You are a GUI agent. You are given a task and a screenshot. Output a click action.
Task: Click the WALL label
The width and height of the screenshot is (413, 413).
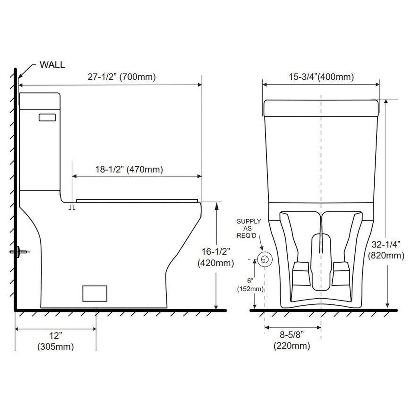52,65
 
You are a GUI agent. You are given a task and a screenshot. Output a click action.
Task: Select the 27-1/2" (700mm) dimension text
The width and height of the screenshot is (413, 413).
122,77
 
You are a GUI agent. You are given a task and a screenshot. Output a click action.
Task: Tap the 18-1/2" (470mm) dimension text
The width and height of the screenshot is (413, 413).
129,169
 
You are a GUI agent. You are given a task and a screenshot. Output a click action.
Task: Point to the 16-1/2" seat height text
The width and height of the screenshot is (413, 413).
216,252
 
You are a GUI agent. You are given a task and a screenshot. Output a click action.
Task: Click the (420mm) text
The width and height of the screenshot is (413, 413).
216,263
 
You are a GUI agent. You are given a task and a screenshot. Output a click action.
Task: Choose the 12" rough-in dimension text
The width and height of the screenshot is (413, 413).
55,336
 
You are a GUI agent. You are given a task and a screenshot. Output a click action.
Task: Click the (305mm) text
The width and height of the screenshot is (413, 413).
55,347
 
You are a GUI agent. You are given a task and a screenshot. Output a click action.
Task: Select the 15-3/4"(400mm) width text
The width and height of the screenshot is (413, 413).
321,77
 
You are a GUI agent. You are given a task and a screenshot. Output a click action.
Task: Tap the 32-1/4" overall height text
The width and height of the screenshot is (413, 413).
386,244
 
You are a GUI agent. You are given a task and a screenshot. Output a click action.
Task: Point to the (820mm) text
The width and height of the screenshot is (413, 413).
386,256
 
